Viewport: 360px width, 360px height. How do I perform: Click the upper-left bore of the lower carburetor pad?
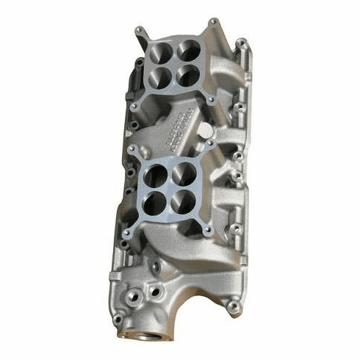point(158,175)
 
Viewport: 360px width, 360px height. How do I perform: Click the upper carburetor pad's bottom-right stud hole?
point(211,97)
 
